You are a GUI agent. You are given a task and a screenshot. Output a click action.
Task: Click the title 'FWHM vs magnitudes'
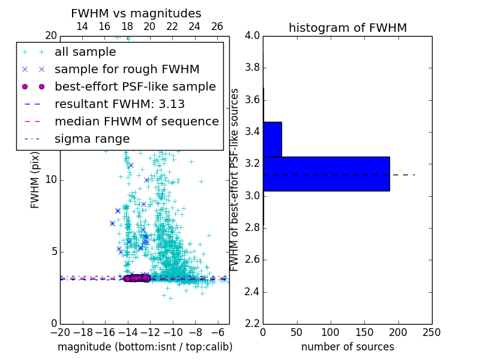click(136, 13)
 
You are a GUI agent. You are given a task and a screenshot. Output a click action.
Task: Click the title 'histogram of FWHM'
click(347, 28)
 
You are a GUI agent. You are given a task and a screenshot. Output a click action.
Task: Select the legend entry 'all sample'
click(85, 52)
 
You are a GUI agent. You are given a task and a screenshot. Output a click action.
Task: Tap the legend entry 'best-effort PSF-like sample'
click(135, 87)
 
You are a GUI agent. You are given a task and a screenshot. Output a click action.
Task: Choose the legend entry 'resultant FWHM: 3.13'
click(119, 104)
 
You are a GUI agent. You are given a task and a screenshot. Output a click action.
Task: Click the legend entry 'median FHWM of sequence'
click(136, 122)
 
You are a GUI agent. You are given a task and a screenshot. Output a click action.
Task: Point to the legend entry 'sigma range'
click(92, 139)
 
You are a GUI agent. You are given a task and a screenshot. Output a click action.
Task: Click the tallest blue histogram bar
click(326, 173)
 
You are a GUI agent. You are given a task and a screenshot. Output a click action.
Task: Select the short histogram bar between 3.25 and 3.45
click(272, 139)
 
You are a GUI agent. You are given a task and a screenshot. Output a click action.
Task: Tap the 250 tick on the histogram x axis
click(431, 332)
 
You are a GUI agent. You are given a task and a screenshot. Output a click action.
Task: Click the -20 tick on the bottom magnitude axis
click(60, 332)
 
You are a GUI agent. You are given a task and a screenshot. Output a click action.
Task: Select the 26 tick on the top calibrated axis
click(217, 26)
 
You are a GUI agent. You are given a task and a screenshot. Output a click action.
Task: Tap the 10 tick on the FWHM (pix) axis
click(50, 179)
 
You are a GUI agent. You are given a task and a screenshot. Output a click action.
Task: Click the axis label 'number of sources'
click(347, 347)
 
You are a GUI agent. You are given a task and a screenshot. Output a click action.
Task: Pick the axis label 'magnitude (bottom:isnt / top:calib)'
click(145, 347)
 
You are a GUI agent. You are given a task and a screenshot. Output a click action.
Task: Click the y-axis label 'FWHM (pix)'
click(35, 179)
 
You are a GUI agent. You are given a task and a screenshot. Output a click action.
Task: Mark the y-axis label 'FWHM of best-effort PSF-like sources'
click(235, 179)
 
